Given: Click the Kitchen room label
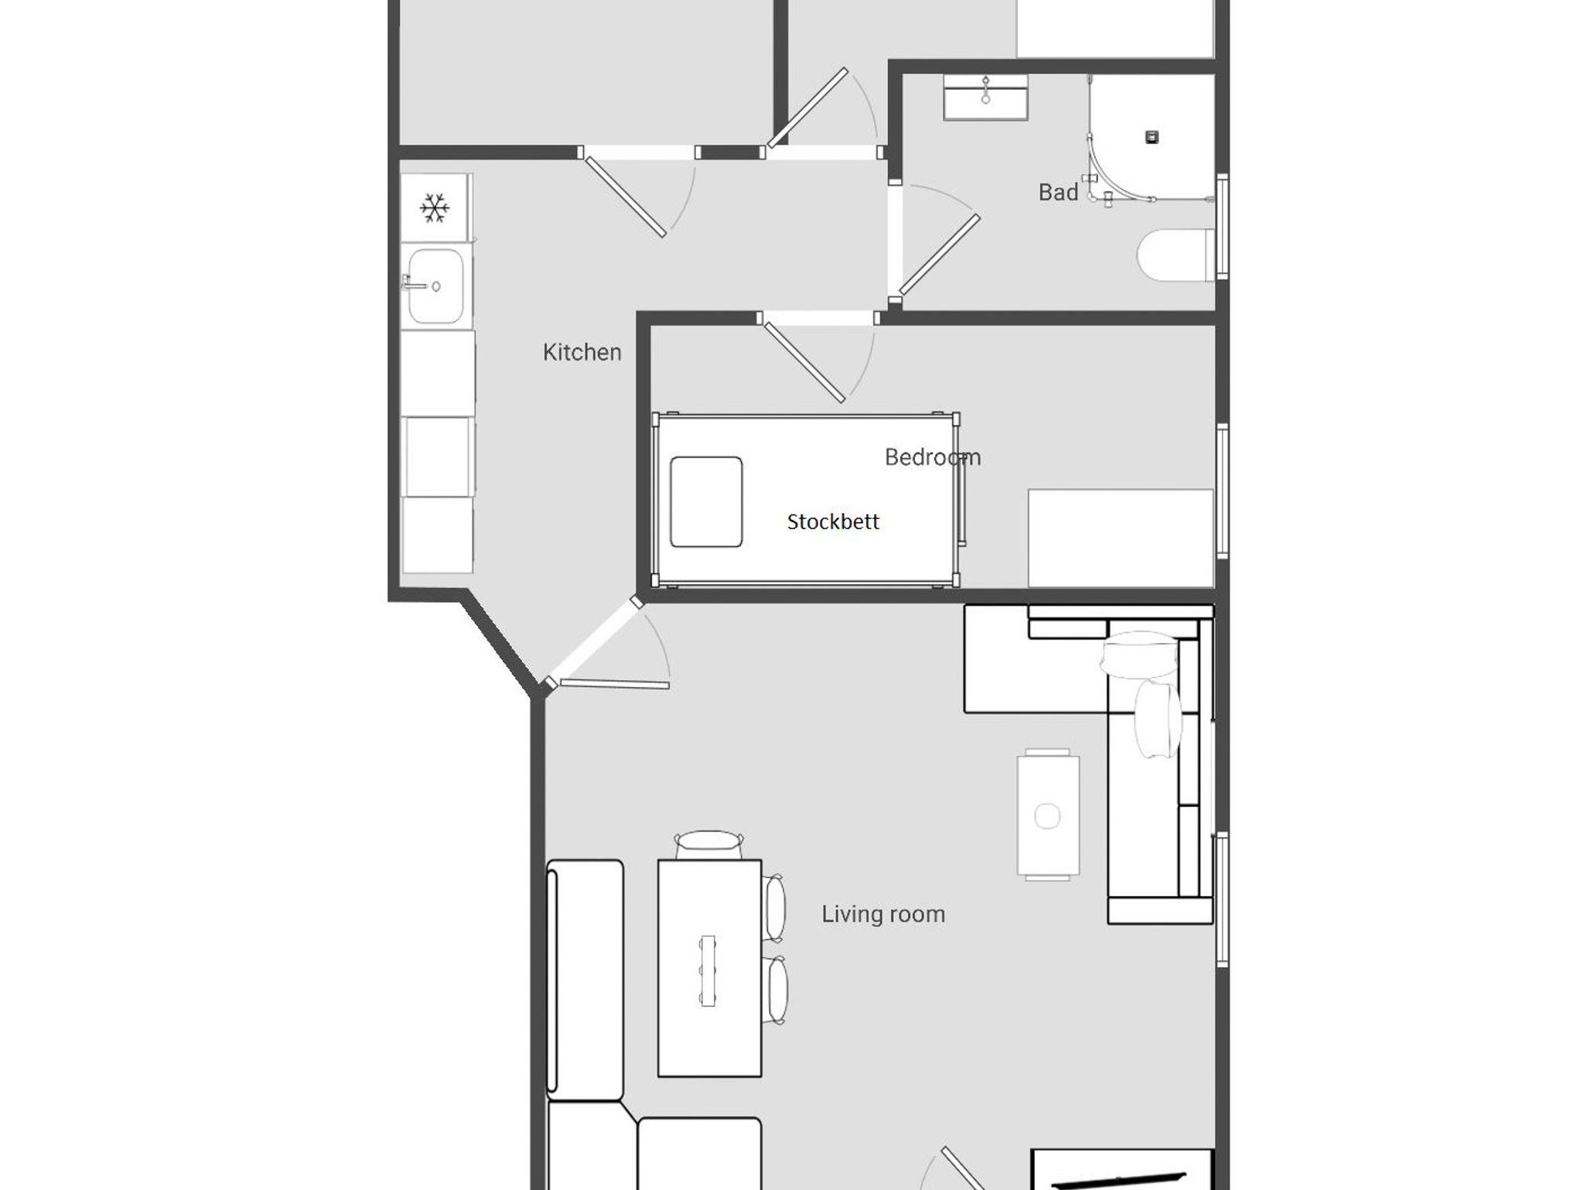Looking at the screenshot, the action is (582, 352).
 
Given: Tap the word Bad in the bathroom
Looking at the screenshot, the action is (1058, 192).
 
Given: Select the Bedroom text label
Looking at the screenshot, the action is (933, 457).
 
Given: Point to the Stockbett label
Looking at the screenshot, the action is (833, 521).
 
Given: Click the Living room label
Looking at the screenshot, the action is (883, 914).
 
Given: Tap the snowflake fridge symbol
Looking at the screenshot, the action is (435, 208).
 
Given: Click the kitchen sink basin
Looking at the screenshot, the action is (435, 286).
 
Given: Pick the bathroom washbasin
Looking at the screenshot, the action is (985, 97).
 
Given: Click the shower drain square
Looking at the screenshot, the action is (1152, 138).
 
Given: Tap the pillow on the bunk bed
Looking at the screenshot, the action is (706, 501).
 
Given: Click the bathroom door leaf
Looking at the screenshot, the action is (940, 255).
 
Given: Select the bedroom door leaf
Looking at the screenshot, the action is (804, 363).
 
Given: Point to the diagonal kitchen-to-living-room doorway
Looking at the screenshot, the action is (593, 642).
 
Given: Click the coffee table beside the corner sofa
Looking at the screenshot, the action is (1048, 816).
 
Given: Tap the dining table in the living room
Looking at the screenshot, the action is (709, 968).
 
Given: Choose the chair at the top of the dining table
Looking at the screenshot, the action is (709, 845).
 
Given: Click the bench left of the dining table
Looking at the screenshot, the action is (585, 980).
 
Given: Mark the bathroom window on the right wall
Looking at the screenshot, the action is (1222, 227).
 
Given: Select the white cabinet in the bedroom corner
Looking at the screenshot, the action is (1121, 538).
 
